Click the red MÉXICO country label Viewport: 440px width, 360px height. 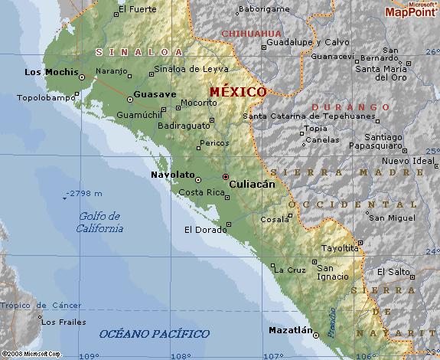coord(238,92)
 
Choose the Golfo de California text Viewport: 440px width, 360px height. coord(99,222)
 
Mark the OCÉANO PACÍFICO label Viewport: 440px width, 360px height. coord(154,334)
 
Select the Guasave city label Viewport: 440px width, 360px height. coord(155,94)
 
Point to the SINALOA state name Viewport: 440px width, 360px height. coord(139,52)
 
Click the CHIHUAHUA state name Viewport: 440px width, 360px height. coord(251,34)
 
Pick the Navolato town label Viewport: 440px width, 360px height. coord(172,175)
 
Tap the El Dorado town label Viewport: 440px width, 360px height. coord(204,230)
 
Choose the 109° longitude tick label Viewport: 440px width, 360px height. coord(90,355)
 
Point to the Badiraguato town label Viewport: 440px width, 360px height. coord(184,126)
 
